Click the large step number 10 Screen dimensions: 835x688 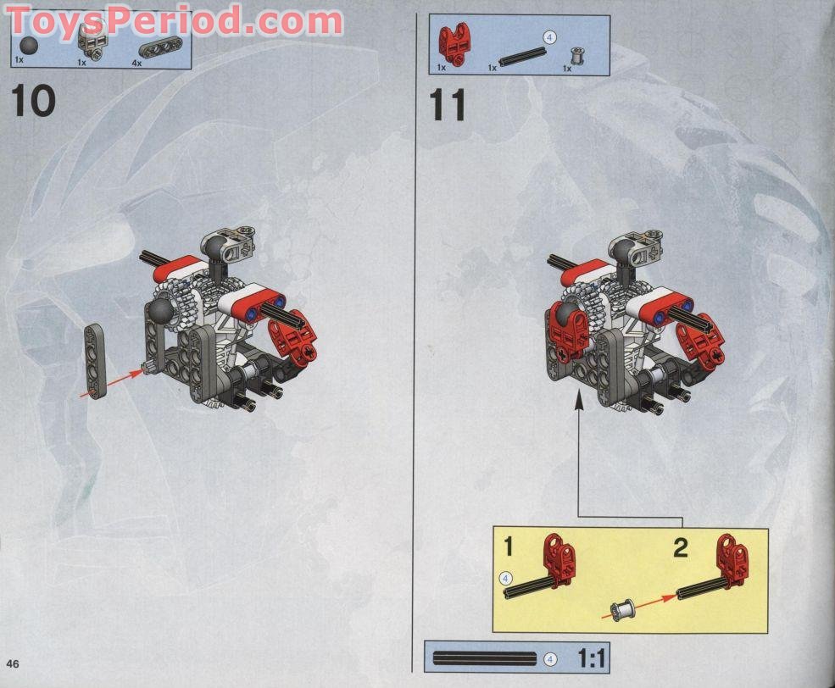[x=34, y=102]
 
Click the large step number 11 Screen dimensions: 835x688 [x=448, y=107]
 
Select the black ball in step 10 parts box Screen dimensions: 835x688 [x=31, y=46]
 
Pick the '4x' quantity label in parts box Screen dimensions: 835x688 [x=136, y=62]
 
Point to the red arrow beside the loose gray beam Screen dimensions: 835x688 [x=110, y=382]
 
